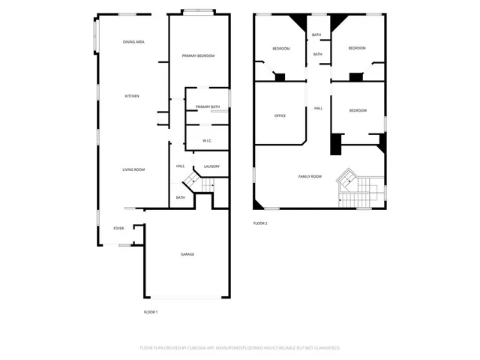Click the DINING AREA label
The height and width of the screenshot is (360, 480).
pos(133,42)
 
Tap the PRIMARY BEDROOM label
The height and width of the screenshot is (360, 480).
pos(198,56)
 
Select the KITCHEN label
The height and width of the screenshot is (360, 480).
pos(132,96)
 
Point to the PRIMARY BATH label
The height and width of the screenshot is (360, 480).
pos(208,107)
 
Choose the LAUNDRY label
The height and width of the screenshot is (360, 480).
pos(211,166)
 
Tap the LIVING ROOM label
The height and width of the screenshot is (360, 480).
pos(133,170)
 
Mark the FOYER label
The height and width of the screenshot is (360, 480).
pos(118,228)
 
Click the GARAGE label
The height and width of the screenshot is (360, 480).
pos(187,254)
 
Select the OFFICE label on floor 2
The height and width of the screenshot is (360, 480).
pos(280,116)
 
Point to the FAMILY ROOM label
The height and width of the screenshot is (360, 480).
pos(310,176)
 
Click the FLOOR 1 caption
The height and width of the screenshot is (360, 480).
pos(151,312)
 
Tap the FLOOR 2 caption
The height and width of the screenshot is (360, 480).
pos(260,223)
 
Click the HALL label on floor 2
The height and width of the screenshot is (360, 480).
pos(318,109)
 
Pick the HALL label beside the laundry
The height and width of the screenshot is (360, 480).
pos(180,166)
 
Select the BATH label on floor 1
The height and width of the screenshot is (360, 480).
pos(180,197)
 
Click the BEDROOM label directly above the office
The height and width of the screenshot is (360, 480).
pos(280,49)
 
